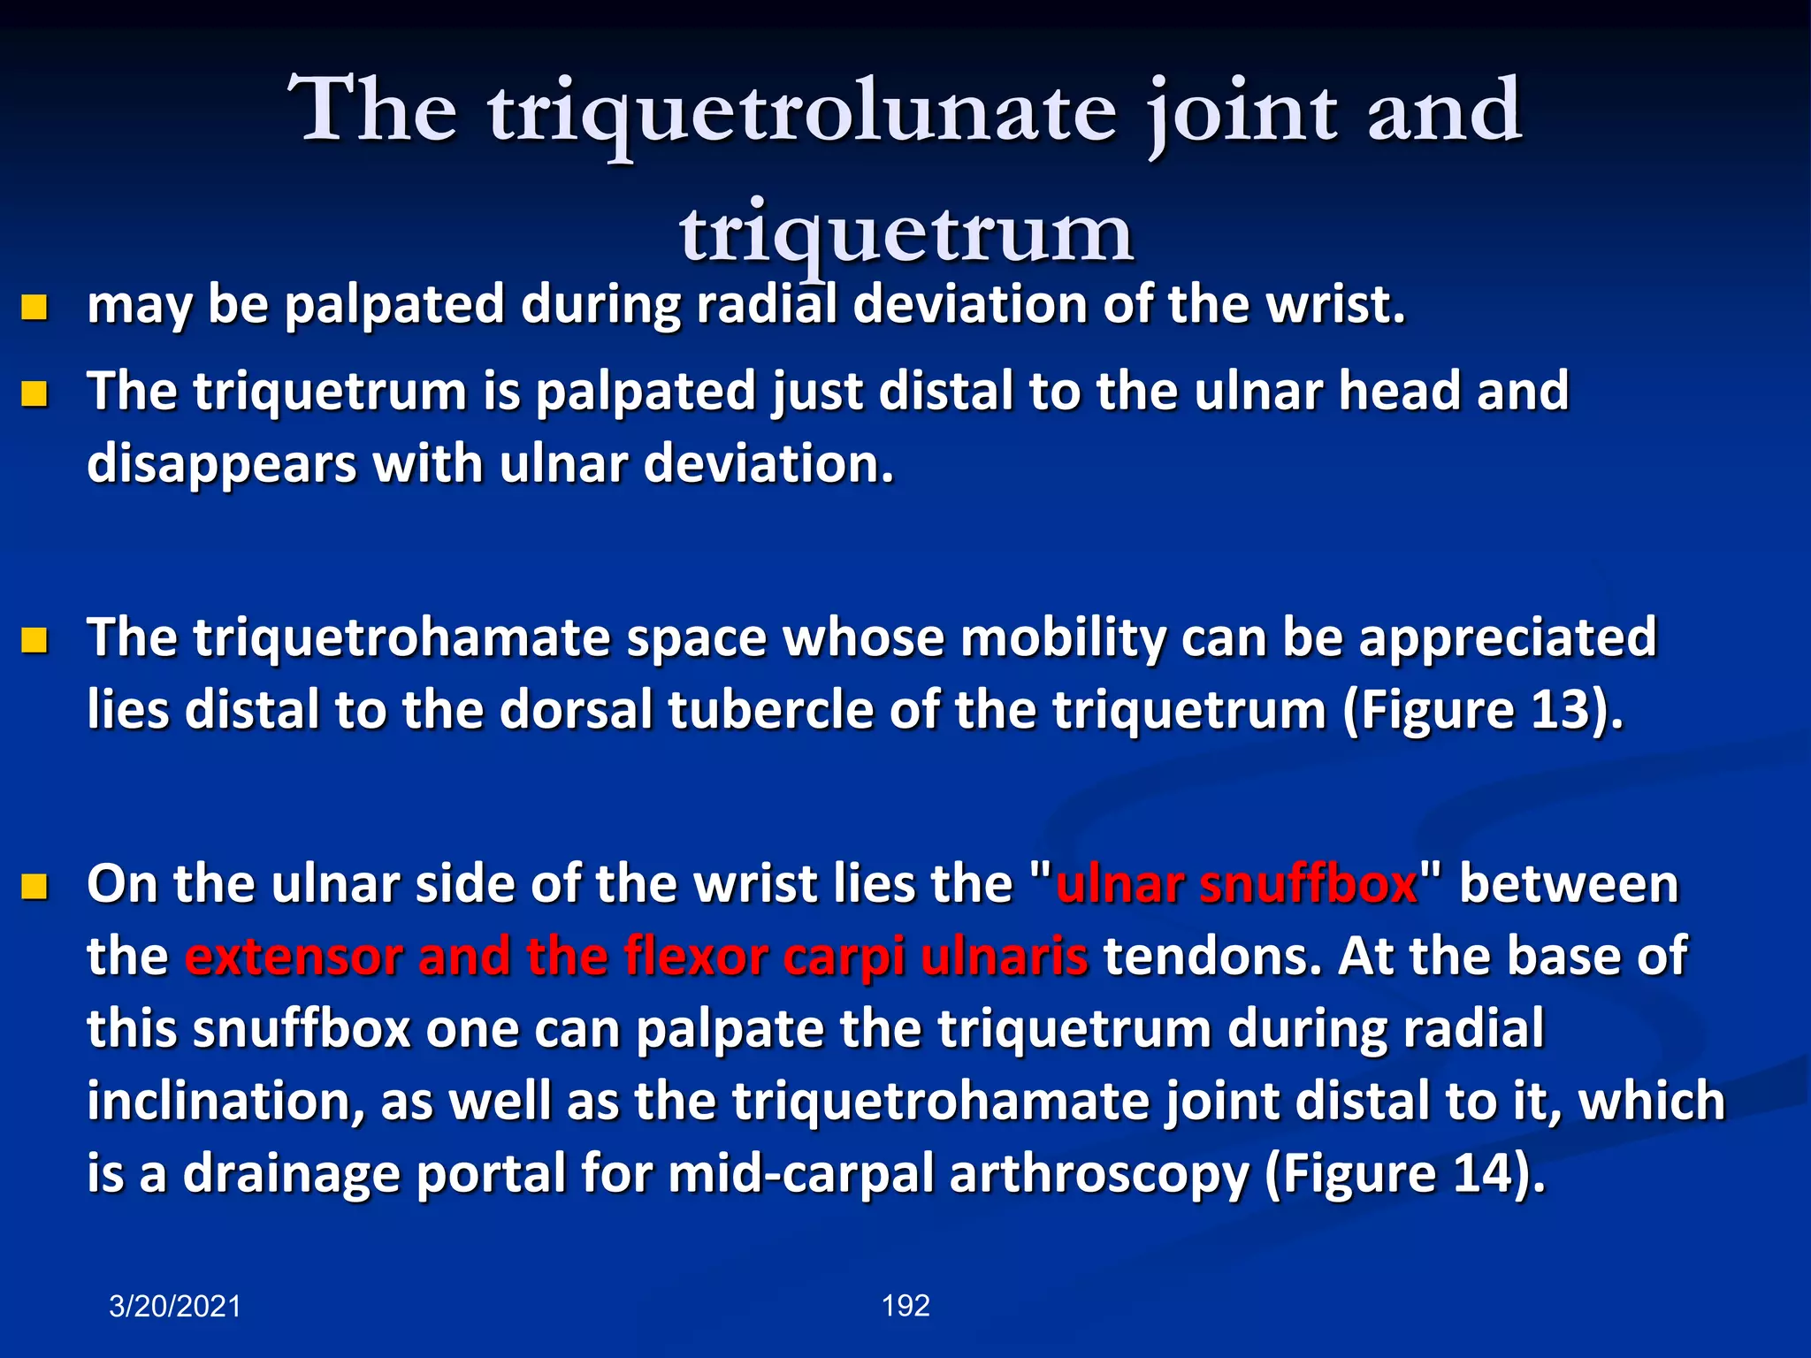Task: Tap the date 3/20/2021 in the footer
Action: coord(174,1306)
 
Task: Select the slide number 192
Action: coord(905,1305)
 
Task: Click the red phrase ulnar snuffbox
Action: coord(1236,884)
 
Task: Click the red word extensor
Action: coord(294,957)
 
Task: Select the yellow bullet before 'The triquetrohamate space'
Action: coord(34,639)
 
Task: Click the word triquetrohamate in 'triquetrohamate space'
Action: coord(401,638)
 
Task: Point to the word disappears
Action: coord(221,465)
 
